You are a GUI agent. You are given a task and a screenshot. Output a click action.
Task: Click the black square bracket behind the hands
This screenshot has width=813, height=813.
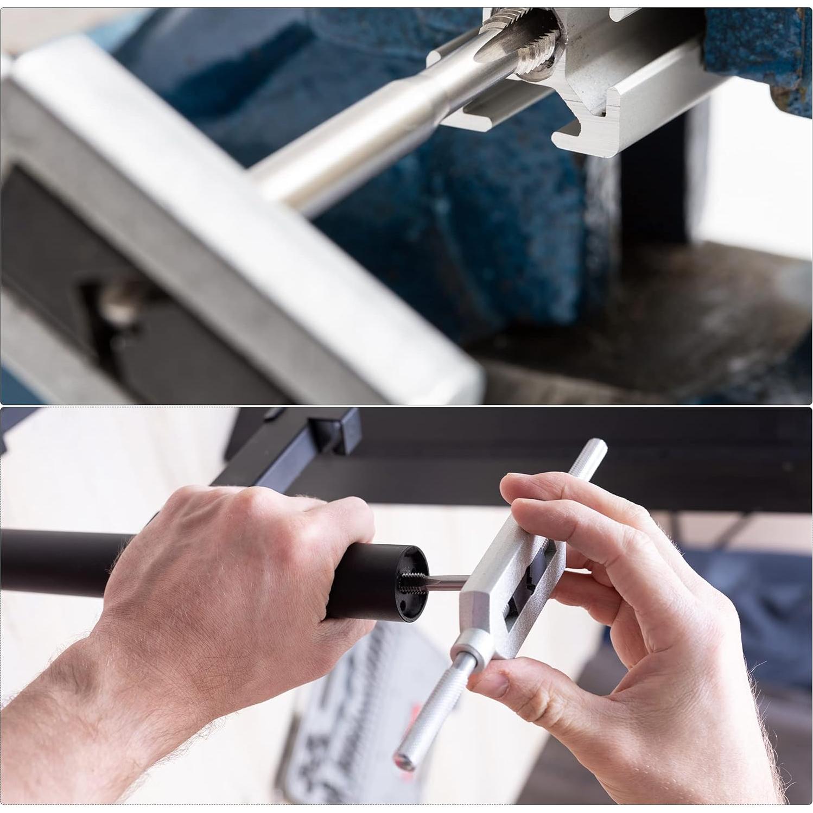[x=334, y=434]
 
